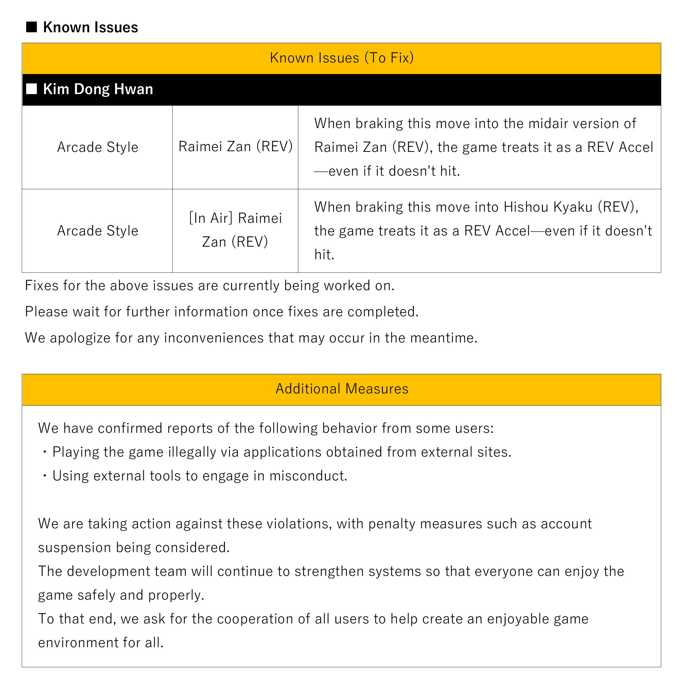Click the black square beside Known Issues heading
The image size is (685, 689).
(x=31, y=27)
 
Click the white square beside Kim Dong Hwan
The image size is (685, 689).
(x=31, y=89)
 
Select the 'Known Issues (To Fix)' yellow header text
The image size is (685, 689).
(x=341, y=58)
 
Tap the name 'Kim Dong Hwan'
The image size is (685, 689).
(x=98, y=89)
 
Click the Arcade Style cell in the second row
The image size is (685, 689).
(x=98, y=231)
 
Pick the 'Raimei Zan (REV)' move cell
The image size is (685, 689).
(x=235, y=146)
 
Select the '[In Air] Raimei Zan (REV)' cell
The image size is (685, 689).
(x=235, y=230)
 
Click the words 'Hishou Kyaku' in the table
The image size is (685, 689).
(x=548, y=207)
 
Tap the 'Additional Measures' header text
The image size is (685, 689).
(x=341, y=389)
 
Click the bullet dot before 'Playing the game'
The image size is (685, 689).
(x=45, y=453)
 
